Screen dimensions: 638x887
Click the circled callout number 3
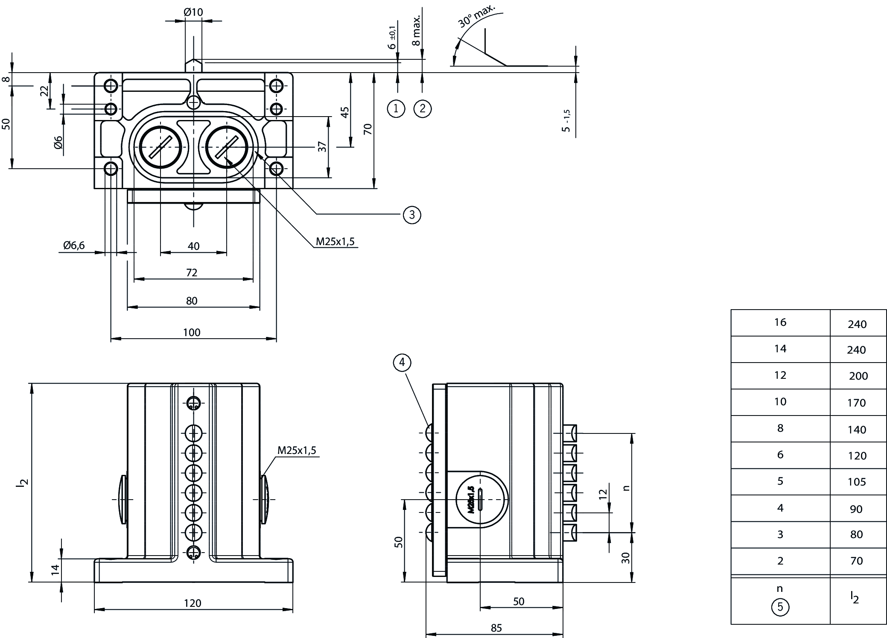point(411,214)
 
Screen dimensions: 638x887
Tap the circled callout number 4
point(402,363)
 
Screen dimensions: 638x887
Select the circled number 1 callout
point(396,108)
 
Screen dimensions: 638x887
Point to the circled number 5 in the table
point(780,607)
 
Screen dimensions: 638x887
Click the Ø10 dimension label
point(193,12)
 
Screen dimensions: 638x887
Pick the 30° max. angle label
point(477,17)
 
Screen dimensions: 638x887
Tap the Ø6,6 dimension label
point(74,245)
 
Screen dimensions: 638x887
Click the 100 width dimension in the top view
point(192,332)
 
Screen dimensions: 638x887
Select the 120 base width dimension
point(193,603)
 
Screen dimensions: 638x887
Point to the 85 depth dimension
point(496,628)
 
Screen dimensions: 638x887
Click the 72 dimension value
point(192,272)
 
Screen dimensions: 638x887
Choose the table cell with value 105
point(857,482)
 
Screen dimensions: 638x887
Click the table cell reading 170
point(857,403)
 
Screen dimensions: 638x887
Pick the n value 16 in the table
point(780,322)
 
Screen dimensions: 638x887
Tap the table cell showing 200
point(858,376)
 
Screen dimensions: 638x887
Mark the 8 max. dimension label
point(417,30)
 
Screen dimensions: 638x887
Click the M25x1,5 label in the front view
point(297,451)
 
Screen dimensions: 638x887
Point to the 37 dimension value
point(322,146)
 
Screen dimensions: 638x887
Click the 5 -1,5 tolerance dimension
point(566,120)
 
